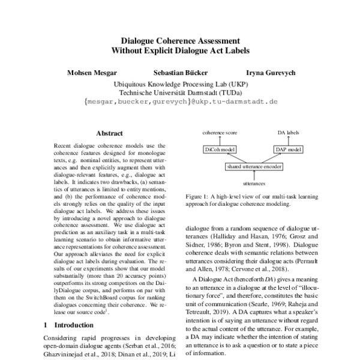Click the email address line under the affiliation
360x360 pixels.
[181, 102]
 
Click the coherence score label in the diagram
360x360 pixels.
[220, 131]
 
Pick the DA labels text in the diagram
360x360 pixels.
[288, 131]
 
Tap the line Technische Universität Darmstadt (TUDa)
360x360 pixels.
[181, 93]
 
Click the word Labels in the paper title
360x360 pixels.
[235, 50]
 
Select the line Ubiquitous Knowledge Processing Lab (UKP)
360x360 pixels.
[181, 85]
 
